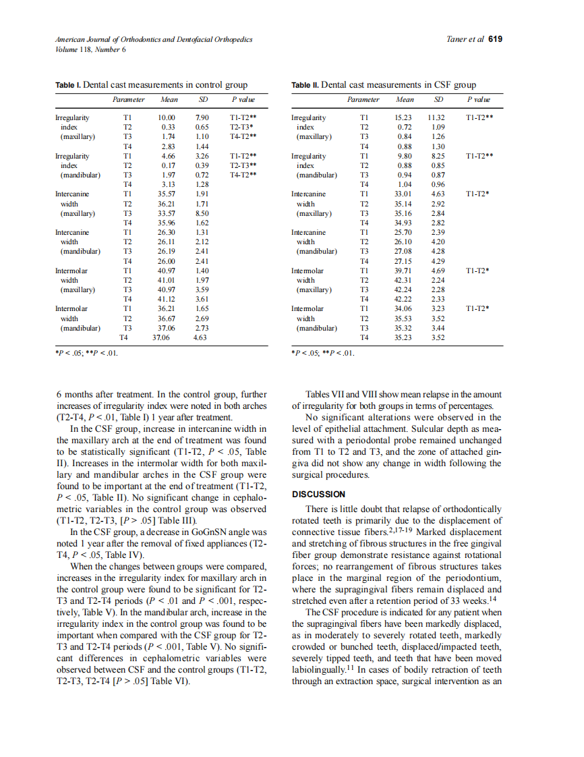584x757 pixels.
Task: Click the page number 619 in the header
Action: (495, 39)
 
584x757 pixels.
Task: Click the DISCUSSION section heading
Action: (320, 494)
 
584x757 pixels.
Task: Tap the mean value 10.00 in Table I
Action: (167, 117)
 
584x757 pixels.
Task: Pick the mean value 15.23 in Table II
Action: (403, 117)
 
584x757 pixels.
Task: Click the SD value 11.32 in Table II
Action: (436, 117)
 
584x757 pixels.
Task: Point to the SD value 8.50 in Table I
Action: (201, 213)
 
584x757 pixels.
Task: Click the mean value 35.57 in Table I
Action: (167, 194)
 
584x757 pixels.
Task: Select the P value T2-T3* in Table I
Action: (241, 127)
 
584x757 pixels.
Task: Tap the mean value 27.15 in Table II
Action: (403, 261)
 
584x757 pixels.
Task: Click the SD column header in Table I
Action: (203, 100)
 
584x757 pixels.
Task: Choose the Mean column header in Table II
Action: (405, 100)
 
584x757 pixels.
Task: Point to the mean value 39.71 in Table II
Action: (403, 271)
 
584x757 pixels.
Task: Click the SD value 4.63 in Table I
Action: (200, 337)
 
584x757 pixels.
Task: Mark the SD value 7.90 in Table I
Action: (201, 117)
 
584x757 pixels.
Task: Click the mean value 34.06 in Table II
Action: (403, 309)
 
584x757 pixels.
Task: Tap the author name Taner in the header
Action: (457, 39)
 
